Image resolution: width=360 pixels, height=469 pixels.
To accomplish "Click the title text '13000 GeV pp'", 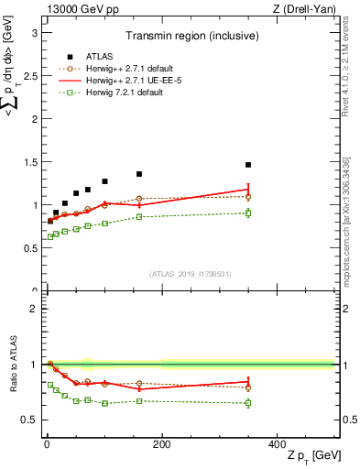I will coord(78,9).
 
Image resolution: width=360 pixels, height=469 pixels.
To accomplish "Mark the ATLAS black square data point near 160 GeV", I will coord(139,174).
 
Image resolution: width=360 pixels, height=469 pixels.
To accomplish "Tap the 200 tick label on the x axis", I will coord(162,443).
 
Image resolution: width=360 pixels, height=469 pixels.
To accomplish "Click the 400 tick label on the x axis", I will coord(277,443).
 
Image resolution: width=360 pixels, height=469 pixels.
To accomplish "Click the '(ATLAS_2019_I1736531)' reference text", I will coord(191,274).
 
